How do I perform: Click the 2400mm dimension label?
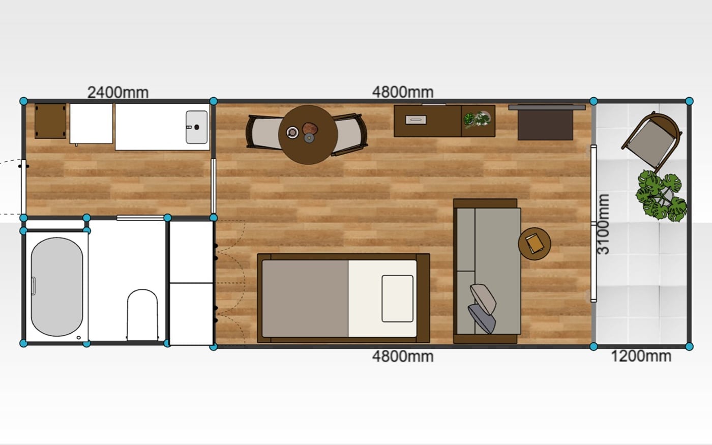(x=118, y=93)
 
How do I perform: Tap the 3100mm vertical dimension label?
(x=603, y=224)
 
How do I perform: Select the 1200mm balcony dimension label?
(x=641, y=356)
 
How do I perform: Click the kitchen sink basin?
(x=196, y=127)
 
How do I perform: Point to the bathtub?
(x=57, y=287)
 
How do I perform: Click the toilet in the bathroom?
(x=142, y=315)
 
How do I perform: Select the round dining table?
(x=308, y=135)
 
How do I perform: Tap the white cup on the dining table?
(x=292, y=132)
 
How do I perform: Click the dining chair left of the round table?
(x=263, y=132)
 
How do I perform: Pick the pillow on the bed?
(x=397, y=299)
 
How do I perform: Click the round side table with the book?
(x=535, y=244)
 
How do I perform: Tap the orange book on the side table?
(x=534, y=244)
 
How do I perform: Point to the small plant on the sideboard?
(x=477, y=120)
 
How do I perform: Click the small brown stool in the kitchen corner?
(x=50, y=121)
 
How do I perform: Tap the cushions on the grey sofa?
(x=483, y=308)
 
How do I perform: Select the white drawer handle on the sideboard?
(x=416, y=120)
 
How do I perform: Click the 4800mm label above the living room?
(x=403, y=92)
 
